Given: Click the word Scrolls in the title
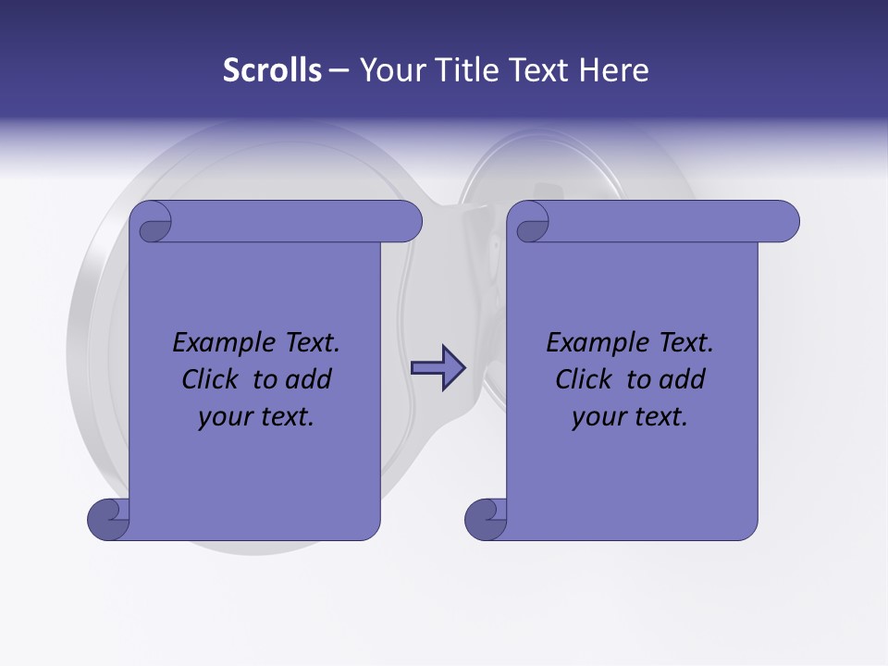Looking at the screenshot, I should pos(272,70).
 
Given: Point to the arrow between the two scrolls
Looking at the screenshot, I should pos(438,368).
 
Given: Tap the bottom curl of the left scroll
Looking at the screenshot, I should pos(109,519).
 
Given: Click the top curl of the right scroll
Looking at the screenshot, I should pos(532,222).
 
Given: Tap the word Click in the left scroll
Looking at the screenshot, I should pos(209,379).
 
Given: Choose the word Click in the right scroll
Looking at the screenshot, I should pos(583,379).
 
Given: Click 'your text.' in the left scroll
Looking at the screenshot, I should pos(256,417).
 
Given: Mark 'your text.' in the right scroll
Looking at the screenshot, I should pos(630,417).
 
